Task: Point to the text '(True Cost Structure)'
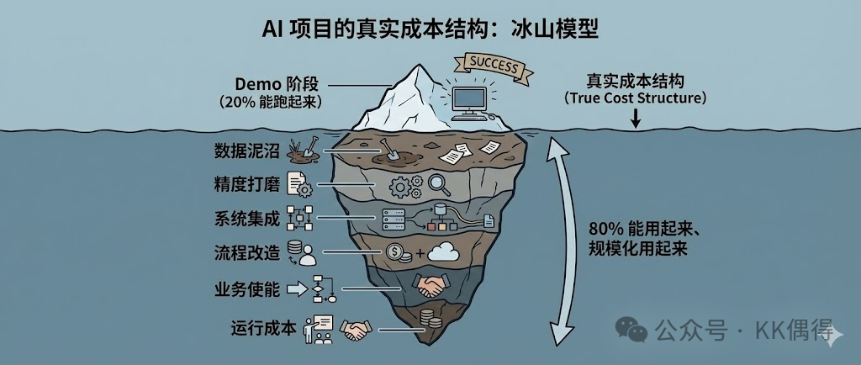pyautogui.click(x=635, y=99)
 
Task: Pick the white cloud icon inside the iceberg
pyautogui.click(x=442, y=251)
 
